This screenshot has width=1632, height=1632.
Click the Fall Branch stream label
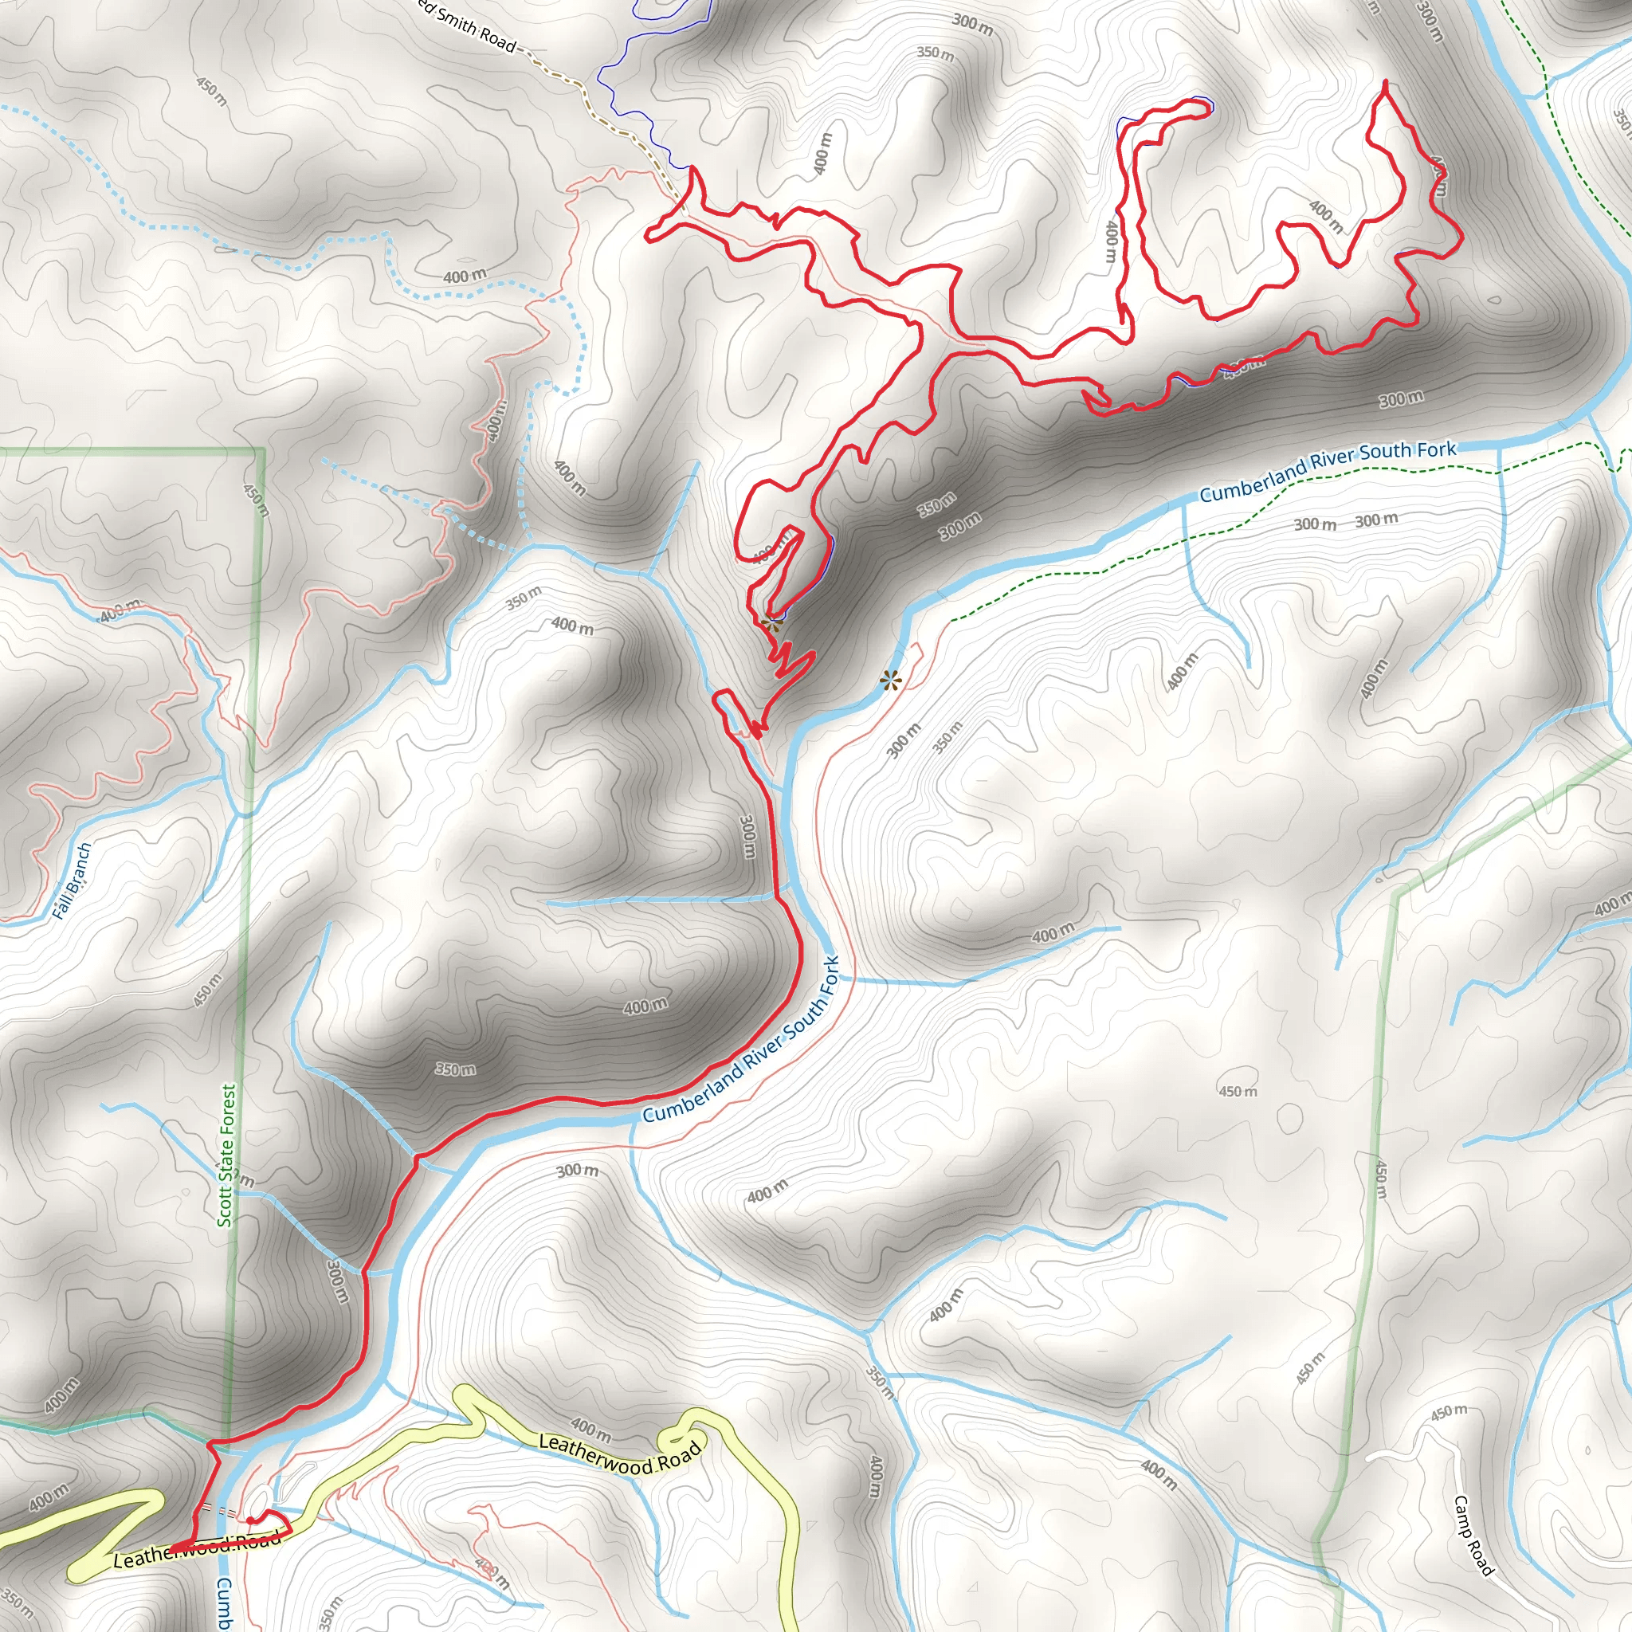pos(71,881)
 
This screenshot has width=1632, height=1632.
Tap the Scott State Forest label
pos(227,1155)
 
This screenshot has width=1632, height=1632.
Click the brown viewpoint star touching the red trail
pos(770,625)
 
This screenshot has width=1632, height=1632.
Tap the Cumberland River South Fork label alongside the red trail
pos(741,1041)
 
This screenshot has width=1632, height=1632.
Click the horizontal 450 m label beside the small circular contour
pos(1238,1092)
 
